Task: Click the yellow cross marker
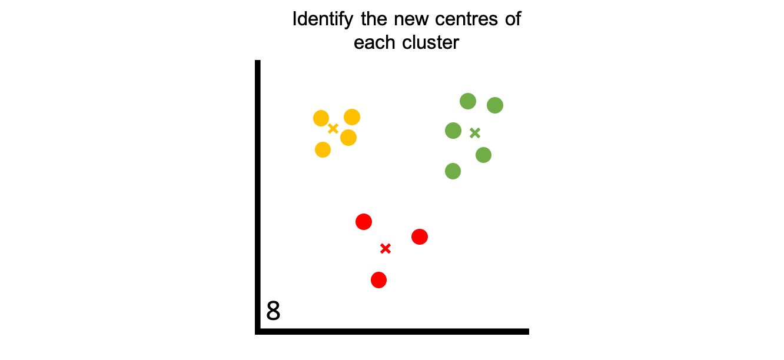333,128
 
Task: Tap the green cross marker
475,133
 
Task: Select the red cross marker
386,248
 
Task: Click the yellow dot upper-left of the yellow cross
321,118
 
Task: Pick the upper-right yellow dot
352,117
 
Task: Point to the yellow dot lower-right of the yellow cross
348,138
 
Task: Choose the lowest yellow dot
323,149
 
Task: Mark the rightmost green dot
495,105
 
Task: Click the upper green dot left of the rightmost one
468,101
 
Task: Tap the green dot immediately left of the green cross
453,131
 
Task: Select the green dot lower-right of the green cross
483,155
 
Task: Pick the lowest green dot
453,171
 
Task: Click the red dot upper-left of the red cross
364,222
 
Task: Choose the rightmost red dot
420,236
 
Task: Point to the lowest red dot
378,280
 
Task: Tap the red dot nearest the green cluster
420,236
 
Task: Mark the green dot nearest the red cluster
453,171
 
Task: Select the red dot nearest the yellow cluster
364,222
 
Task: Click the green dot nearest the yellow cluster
453,131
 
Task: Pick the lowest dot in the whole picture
378,280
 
